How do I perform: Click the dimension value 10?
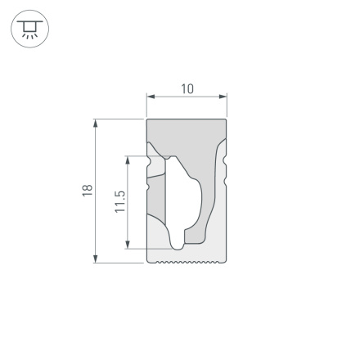tap(187, 88)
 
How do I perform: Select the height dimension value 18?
tap(87, 190)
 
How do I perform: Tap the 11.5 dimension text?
tap(119, 200)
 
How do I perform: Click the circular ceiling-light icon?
tap(30, 30)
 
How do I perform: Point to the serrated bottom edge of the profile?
tap(187, 263)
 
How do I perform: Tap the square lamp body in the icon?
tap(30, 28)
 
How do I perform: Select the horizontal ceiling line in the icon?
tap(30, 21)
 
